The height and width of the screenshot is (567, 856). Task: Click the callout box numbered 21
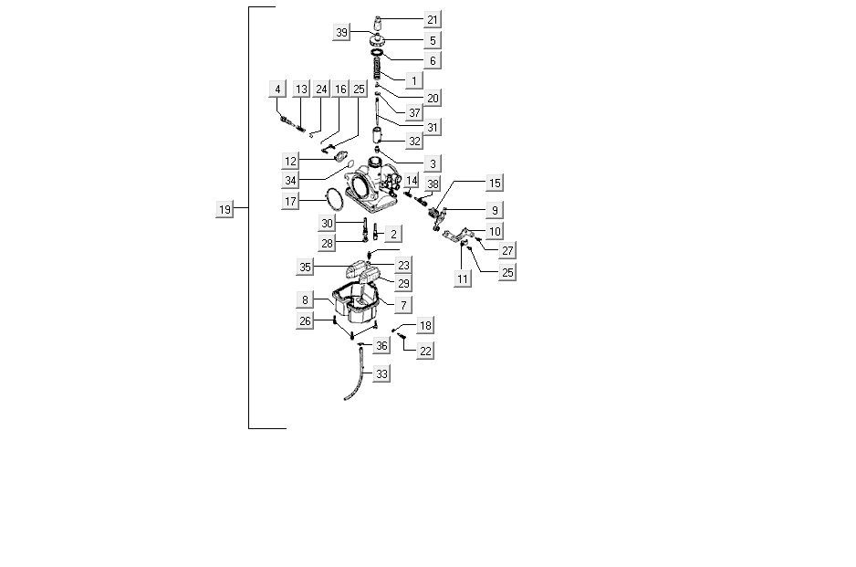point(433,20)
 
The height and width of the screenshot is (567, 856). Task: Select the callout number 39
point(342,33)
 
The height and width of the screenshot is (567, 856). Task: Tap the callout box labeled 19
point(224,210)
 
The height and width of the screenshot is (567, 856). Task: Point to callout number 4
point(277,89)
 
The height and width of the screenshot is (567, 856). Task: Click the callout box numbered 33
point(381,374)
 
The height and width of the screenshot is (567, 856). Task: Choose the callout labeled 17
point(291,201)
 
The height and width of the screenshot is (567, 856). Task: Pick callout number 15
point(495,184)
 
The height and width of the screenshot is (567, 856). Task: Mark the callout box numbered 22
point(425,351)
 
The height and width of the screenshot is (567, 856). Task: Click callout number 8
point(305,299)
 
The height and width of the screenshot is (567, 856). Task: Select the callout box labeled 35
point(306,268)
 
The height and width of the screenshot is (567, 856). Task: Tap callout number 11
point(464,278)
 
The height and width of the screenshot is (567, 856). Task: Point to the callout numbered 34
point(291,180)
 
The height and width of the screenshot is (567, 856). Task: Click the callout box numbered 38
point(433,184)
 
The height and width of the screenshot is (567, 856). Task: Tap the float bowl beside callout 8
point(357,305)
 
